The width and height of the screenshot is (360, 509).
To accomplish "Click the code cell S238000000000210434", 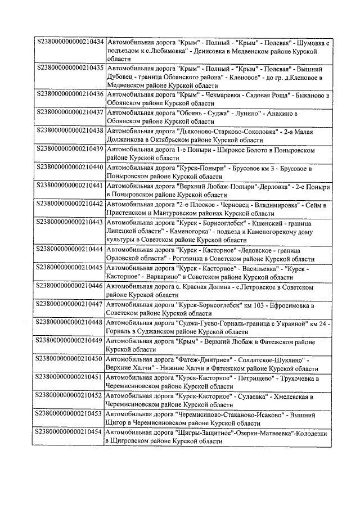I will tap(70, 43).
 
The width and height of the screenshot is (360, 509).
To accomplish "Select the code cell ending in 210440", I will tap(70, 168).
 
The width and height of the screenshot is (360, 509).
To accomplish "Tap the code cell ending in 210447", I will tap(70, 305).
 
